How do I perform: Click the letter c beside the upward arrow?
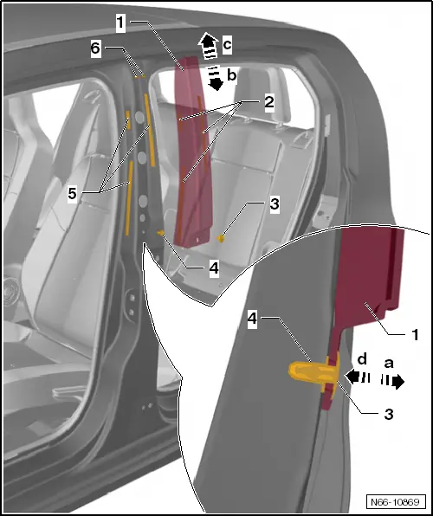coord(228,42)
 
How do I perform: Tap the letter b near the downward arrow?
coord(230,77)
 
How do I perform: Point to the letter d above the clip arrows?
coord(362,359)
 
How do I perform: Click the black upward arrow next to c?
coord(207,41)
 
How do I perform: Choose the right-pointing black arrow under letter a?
coord(398,381)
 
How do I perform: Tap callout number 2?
coord(269,102)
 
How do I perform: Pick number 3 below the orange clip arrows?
coord(388,414)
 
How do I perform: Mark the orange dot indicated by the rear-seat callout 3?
coord(221,235)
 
